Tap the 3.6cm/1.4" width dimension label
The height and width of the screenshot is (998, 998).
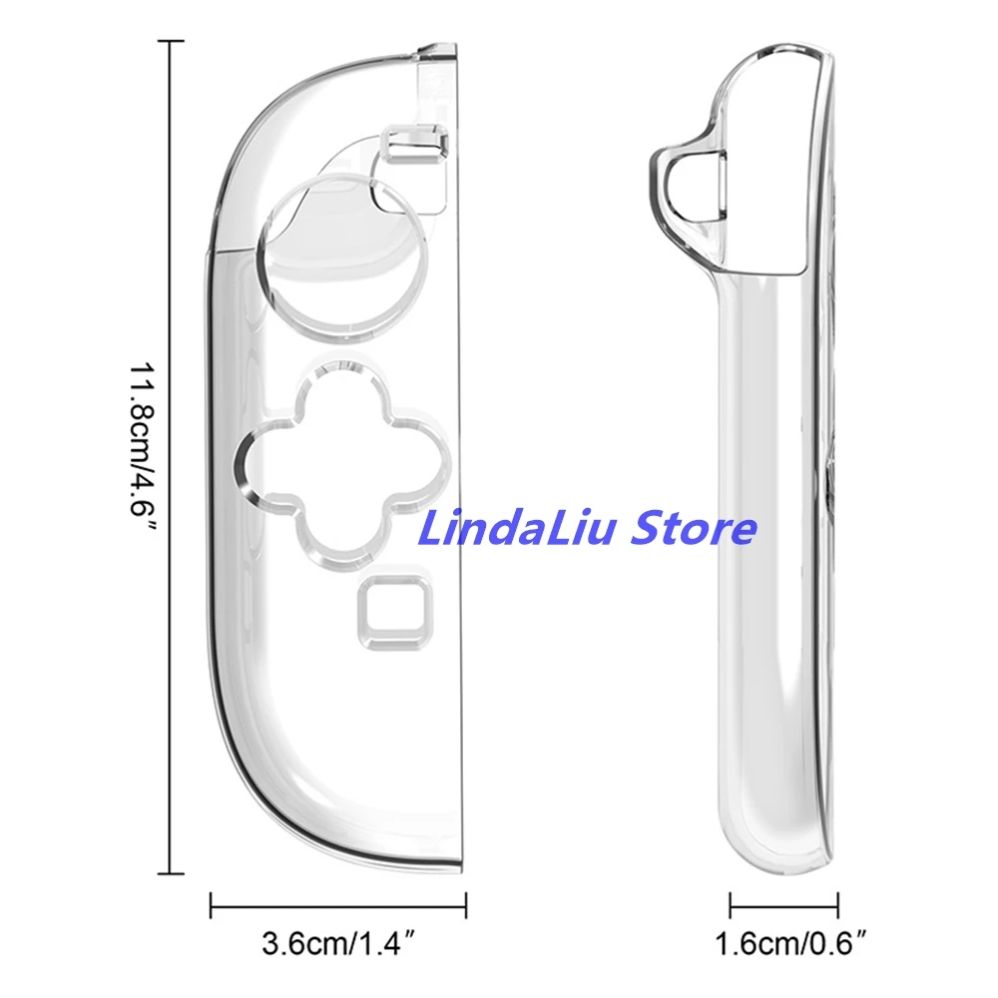[x=338, y=942]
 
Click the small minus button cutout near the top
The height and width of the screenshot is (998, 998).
[x=412, y=143]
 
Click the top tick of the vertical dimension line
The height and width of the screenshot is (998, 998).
[x=171, y=41]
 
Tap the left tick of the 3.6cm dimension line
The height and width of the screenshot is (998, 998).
[x=212, y=907]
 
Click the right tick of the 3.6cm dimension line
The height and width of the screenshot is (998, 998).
[x=467, y=907]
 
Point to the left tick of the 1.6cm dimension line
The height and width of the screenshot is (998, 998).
[x=731, y=907]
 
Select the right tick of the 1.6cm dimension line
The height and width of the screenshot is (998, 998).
[x=837, y=907]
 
